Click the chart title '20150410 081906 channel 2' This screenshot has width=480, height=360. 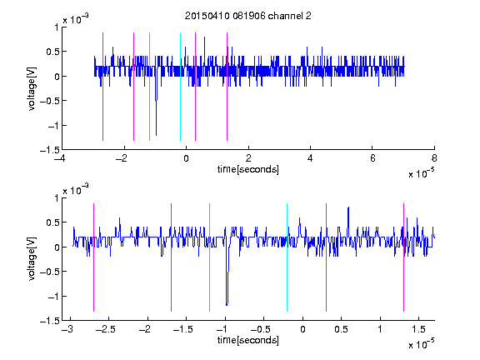pos(248,16)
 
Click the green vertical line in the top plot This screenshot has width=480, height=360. pos(149,87)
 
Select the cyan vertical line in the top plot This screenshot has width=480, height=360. pos(180,87)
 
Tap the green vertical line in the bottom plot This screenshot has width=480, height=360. pos(209,257)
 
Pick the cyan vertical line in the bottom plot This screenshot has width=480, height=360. pos(287,257)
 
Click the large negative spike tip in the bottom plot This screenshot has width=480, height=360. pos(227,305)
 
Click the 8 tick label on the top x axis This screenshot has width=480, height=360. pos(434,158)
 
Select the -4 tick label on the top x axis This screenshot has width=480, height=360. pos(59,158)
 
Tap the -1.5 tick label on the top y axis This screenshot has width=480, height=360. pos(50,150)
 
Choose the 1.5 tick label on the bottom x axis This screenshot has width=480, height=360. pos(418,329)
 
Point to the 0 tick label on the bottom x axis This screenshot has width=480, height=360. pos(302,329)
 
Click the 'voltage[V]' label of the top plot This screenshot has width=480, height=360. pos(32,88)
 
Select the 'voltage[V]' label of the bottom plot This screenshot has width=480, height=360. pos(32,258)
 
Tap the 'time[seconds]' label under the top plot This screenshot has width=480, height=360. pos(248,169)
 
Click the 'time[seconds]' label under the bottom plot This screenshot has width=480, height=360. pos(248,340)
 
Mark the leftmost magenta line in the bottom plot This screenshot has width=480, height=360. pos(93,257)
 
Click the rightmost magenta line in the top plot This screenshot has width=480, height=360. pos(227,87)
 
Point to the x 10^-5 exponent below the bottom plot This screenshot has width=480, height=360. pos(421,344)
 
